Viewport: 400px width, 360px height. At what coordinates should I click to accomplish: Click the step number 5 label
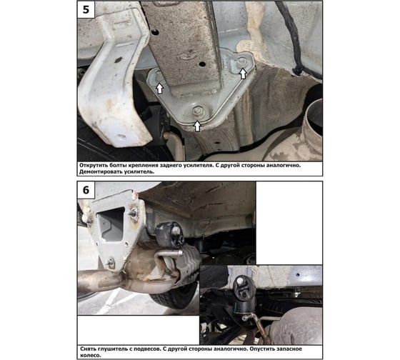click(x=86, y=9)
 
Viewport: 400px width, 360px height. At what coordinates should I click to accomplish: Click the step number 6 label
click(x=86, y=190)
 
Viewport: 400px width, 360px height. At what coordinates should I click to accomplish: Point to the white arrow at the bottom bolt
click(x=197, y=126)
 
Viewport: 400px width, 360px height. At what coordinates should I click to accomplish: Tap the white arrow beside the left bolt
click(x=160, y=89)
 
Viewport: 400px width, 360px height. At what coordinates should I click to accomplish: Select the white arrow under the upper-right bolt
click(x=243, y=74)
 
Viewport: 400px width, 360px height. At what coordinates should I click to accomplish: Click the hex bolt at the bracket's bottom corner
click(x=197, y=111)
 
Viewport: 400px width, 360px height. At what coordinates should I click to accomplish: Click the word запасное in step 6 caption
click(x=289, y=349)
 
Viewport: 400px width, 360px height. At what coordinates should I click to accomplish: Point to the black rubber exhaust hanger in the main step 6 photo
click(x=169, y=235)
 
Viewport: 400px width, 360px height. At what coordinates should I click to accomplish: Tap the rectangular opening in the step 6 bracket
click(x=111, y=224)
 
